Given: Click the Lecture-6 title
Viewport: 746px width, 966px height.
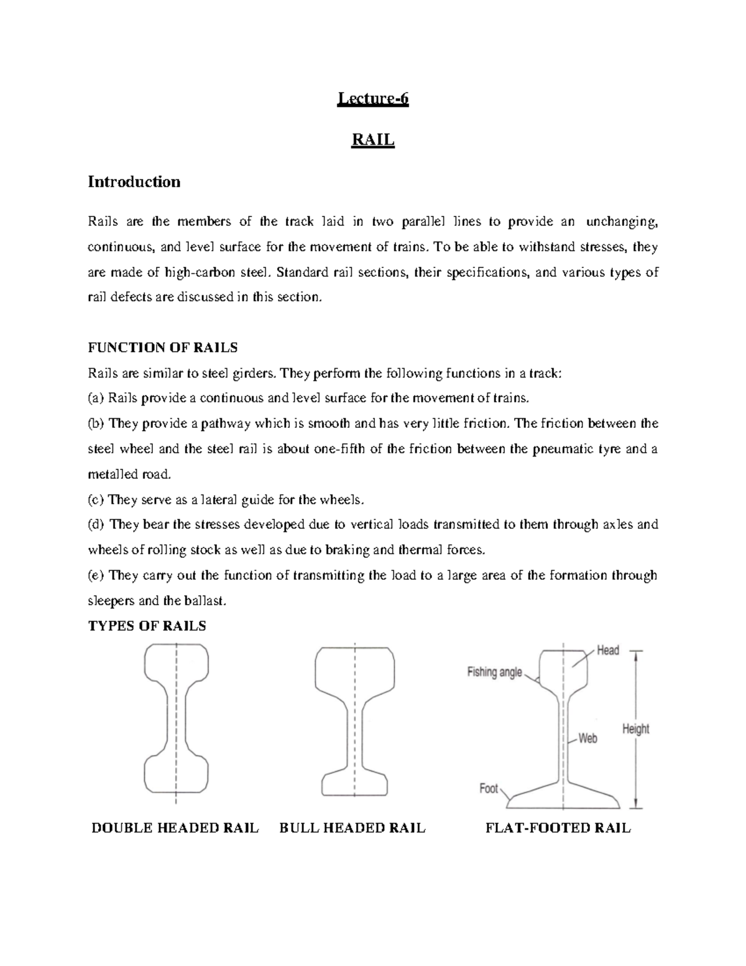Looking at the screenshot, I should click(x=372, y=99).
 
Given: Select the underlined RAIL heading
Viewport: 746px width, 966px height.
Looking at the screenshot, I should click(x=373, y=140).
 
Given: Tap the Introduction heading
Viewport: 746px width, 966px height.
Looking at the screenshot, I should click(x=134, y=182).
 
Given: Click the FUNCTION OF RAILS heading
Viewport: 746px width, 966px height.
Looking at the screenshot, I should click(x=163, y=347).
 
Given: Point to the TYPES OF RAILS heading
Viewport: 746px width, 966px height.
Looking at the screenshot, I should click(x=147, y=626).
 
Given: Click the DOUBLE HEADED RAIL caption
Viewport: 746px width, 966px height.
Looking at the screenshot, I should click(x=175, y=828).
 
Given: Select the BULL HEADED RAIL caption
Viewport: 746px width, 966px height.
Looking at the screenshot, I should click(x=352, y=828).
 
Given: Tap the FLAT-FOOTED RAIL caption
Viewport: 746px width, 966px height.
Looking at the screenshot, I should click(x=558, y=828).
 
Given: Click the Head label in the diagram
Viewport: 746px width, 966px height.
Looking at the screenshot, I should click(x=607, y=651).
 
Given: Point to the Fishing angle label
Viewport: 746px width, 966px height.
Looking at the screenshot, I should click(x=494, y=672).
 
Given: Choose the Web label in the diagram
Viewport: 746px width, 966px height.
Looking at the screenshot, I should click(x=587, y=738).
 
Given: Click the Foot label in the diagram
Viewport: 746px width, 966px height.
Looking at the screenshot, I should click(x=489, y=789).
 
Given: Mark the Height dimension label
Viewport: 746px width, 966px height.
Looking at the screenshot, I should click(x=635, y=729).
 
